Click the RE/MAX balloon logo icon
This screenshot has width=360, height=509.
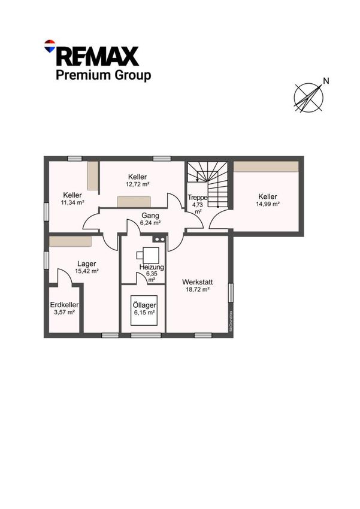[50, 46]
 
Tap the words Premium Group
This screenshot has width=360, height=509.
[103, 75]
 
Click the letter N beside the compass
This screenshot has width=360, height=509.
[326, 81]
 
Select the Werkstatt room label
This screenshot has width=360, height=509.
[197, 282]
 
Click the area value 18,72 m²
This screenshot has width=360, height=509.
[197, 290]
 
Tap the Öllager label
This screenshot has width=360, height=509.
[144, 305]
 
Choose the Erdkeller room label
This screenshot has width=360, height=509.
[64, 305]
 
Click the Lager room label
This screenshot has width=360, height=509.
[87, 264]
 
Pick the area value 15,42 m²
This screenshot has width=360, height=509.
[87, 271]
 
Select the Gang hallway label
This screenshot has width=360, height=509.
[150, 216]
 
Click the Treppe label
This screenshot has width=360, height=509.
[197, 197]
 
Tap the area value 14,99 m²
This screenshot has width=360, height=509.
[268, 204]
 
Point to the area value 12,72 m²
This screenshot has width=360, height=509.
[137, 184]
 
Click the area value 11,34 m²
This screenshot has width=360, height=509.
[72, 202]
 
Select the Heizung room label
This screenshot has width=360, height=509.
[152, 267]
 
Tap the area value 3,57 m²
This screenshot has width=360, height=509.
[64, 312]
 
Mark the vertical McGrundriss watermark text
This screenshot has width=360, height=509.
[231, 321]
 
